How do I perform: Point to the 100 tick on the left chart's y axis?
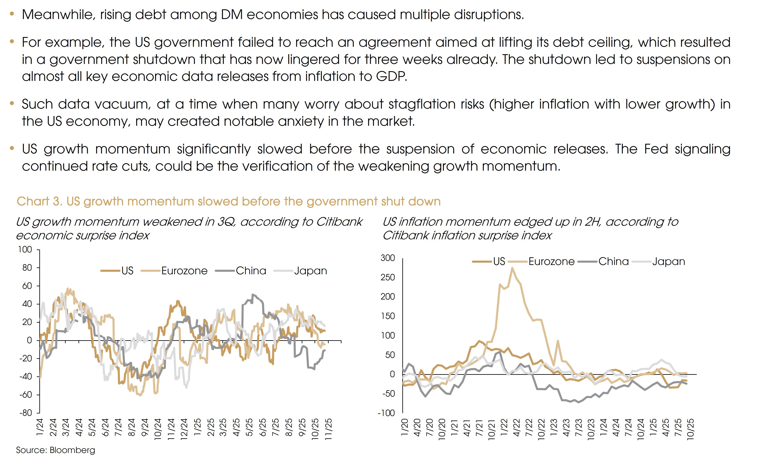pyautogui.click(x=25, y=249)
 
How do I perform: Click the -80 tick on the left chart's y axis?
pyautogui.click(x=26, y=413)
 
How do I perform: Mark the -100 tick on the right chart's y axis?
pyautogui.click(x=386, y=413)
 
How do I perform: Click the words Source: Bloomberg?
pyautogui.click(x=55, y=450)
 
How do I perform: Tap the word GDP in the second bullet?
pyautogui.click(x=391, y=77)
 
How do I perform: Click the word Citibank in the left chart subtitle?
pyautogui.click(x=339, y=222)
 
